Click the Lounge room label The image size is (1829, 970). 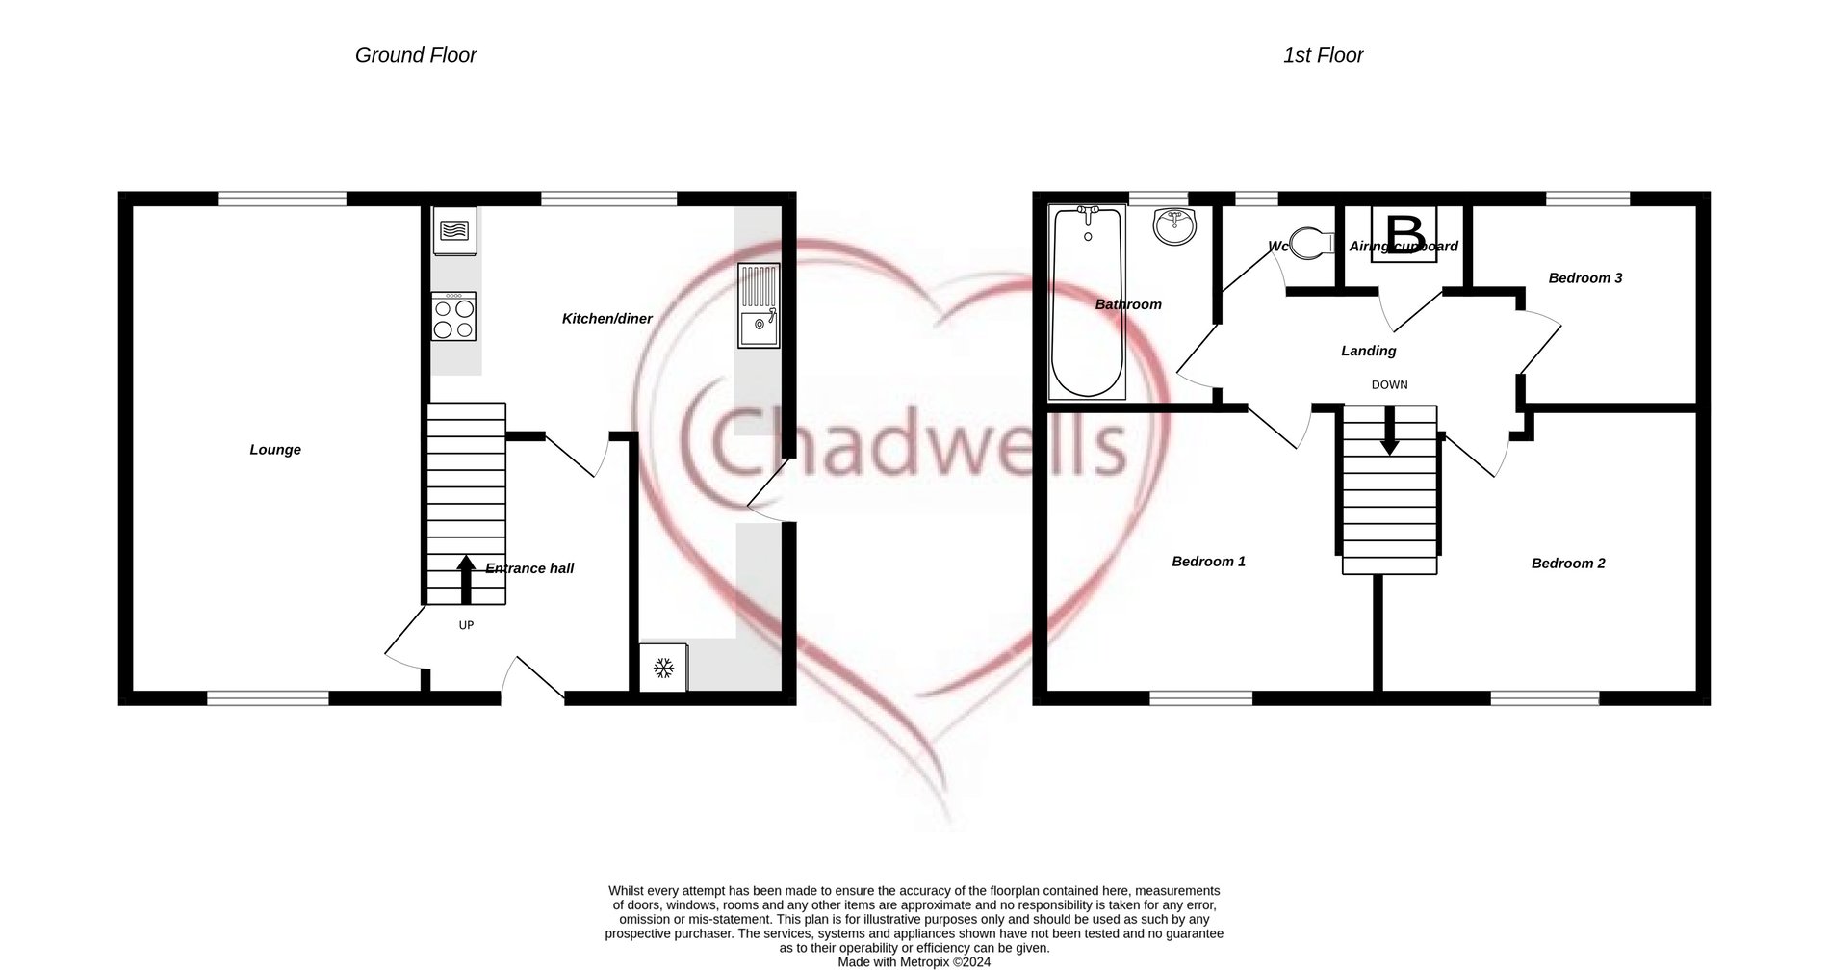(x=275, y=450)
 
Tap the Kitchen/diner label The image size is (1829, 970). (x=606, y=319)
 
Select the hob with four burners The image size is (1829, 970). (x=453, y=318)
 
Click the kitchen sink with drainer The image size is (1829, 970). (x=759, y=305)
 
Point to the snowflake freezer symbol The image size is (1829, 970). (x=663, y=668)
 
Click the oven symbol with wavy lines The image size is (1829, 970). (x=454, y=231)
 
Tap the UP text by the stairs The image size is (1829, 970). (x=466, y=625)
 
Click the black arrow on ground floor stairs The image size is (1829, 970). (x=466, y=578)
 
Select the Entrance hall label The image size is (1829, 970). (x=529, y=568)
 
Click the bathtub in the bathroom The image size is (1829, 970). (x=1087, y=301)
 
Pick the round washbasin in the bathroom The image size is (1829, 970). (x=1173, y=227)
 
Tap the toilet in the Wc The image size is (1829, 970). (x=1310, y=243)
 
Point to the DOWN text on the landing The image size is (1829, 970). (x=1389, y=385)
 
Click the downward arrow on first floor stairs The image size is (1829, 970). (x=1389, y=433)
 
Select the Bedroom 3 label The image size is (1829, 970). (x=1584, y=278)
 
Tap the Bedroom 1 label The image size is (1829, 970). (x=1208, y=562)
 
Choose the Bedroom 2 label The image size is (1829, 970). (x=1568, y=564)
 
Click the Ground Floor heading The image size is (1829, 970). (x=416, y=56)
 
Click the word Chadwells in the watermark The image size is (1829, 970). (x=905, y=445)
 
